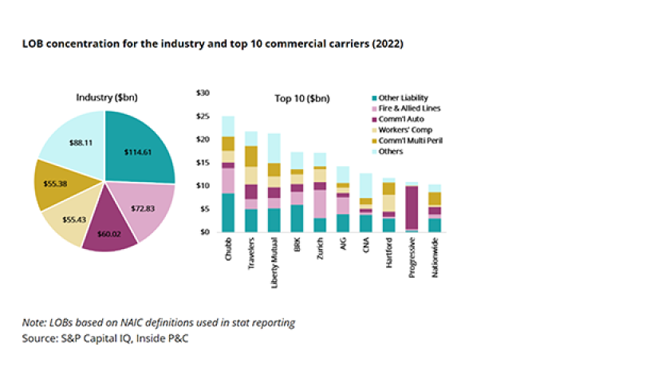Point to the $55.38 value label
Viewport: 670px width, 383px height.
56,184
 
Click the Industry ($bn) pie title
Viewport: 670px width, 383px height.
106,97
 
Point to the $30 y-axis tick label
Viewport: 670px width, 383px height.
203,93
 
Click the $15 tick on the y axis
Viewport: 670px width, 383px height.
203,163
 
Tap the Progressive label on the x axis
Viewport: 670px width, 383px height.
412,258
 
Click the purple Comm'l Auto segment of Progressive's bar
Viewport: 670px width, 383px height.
412,207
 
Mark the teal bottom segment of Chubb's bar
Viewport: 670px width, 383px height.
228,212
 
